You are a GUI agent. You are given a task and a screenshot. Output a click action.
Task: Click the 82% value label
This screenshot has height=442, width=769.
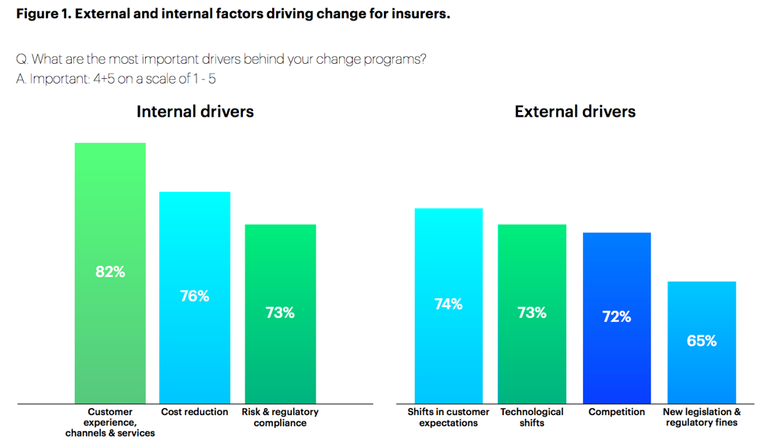[110, 272]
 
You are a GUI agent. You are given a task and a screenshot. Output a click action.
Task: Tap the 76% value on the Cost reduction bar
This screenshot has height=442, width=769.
[195, 296]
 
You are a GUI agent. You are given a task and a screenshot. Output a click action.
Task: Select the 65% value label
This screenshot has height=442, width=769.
[701, 341]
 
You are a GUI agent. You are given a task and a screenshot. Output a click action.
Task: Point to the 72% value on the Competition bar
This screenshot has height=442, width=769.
[616, 317]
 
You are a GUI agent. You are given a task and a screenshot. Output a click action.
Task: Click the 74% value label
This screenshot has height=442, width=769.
[448, 304]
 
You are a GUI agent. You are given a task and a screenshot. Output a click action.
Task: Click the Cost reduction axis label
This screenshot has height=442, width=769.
[195, 412]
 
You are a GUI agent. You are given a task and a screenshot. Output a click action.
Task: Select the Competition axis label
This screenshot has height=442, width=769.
[616, 412]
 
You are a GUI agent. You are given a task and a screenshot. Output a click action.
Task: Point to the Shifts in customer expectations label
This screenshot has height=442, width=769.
[448, 418]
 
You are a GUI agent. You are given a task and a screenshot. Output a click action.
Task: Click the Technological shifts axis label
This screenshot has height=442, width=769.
[532, 418]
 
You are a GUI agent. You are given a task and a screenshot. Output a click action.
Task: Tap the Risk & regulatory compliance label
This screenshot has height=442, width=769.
[280, 418]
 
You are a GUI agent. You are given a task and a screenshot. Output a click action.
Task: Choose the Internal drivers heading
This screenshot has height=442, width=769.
[195, 111]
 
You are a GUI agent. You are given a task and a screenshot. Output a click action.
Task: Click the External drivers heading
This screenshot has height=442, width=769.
[575, 111]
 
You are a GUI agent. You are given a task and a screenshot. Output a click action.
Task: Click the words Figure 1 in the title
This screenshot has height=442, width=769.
[42, 14]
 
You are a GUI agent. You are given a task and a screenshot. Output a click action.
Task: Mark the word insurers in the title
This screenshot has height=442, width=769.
[420, 14]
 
